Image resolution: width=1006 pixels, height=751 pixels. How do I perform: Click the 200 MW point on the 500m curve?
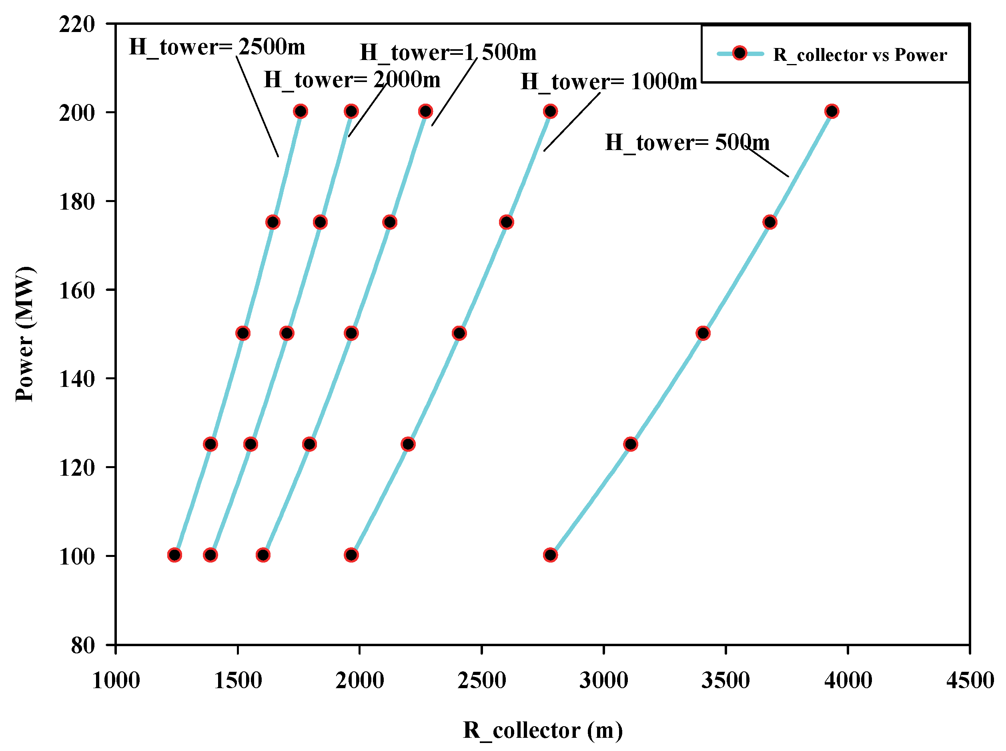tap(832, 111)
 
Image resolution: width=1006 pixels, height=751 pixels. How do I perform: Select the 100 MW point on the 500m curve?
tap(550, 555)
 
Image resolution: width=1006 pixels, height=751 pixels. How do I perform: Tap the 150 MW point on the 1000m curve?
tap(459, 333)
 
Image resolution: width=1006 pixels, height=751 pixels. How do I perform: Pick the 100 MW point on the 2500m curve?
tap(174, 555)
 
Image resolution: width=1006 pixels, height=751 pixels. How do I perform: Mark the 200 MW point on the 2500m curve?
tap(300, 111)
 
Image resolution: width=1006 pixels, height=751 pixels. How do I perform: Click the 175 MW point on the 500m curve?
tap(770, 222)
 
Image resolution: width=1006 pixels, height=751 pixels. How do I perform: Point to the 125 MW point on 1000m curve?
tap(408, 444)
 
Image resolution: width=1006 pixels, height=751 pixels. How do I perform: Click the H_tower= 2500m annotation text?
tap(217, 47)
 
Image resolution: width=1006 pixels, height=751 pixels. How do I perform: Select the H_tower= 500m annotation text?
tap(687, 143)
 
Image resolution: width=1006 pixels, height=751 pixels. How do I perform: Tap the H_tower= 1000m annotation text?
tap(608, 82)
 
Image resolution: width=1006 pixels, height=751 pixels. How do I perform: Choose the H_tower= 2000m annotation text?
tap(352, 80)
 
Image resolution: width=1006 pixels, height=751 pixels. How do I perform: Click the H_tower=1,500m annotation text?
tap(448, 53)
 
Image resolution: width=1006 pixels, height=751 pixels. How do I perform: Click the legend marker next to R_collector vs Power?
tap(739, 54)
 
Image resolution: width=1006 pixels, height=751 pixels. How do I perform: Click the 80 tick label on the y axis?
tap(83, 645)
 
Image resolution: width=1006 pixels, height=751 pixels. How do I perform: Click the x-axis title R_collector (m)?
tap(542, 731)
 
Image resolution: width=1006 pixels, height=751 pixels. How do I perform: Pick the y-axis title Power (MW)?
tap(24, 334)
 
